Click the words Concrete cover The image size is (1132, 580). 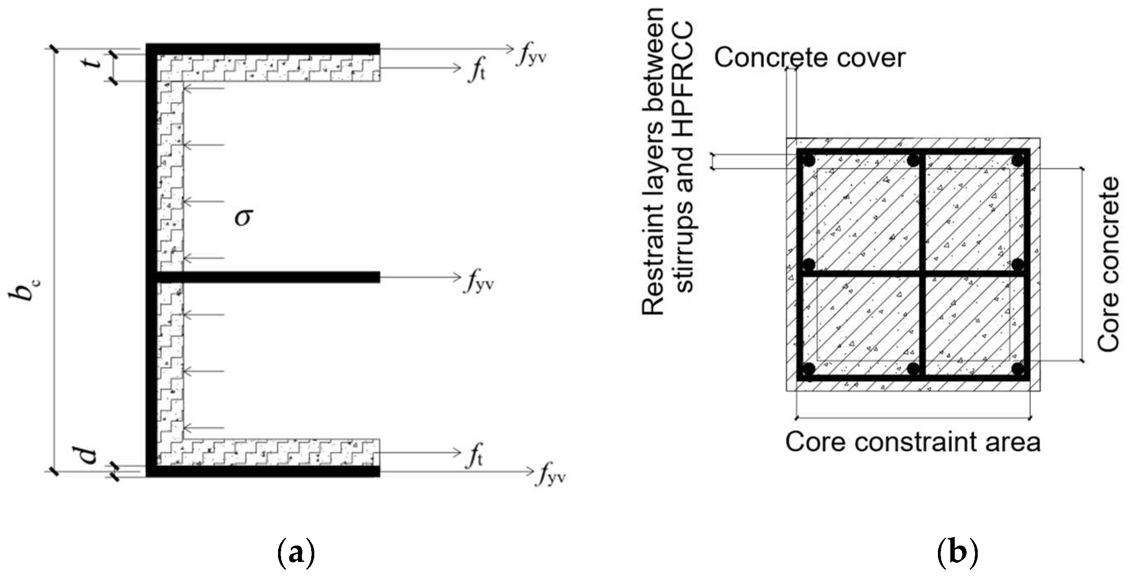tap(809, 58)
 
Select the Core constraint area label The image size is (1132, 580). tap(913, 442)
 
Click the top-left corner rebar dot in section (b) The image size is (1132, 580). tap(808, 160)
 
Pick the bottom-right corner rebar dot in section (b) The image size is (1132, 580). tap(1018, 369)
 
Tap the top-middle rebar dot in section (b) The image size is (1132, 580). tap(913, 160)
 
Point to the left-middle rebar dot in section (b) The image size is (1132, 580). tap(808, 265)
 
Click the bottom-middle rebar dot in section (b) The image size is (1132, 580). tap(913, 369)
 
